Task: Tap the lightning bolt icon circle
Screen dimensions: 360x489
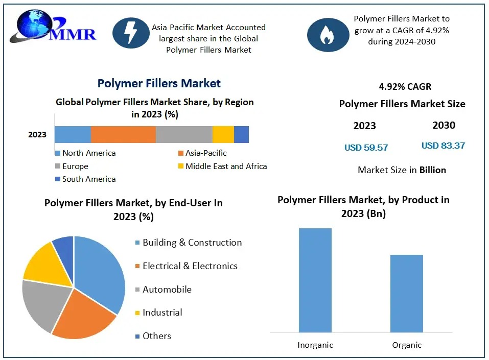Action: (131, 33)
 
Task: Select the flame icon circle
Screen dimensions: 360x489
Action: (325, 35)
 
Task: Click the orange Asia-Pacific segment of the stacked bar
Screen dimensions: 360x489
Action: (123, 134)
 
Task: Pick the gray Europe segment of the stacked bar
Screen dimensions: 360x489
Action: (184, 134)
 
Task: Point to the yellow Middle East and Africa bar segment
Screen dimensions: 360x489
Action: (223, 134)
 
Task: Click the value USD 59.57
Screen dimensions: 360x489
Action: (366, 148)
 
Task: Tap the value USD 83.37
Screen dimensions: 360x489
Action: (443, 146)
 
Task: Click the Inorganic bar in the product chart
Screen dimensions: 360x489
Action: (315, 280)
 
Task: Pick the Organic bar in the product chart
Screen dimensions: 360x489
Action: (407, 294)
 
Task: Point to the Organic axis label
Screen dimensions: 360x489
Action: (407, 345)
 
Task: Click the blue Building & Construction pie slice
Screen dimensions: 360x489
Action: (102, 271)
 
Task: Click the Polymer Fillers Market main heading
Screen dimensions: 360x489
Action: (159, 83)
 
